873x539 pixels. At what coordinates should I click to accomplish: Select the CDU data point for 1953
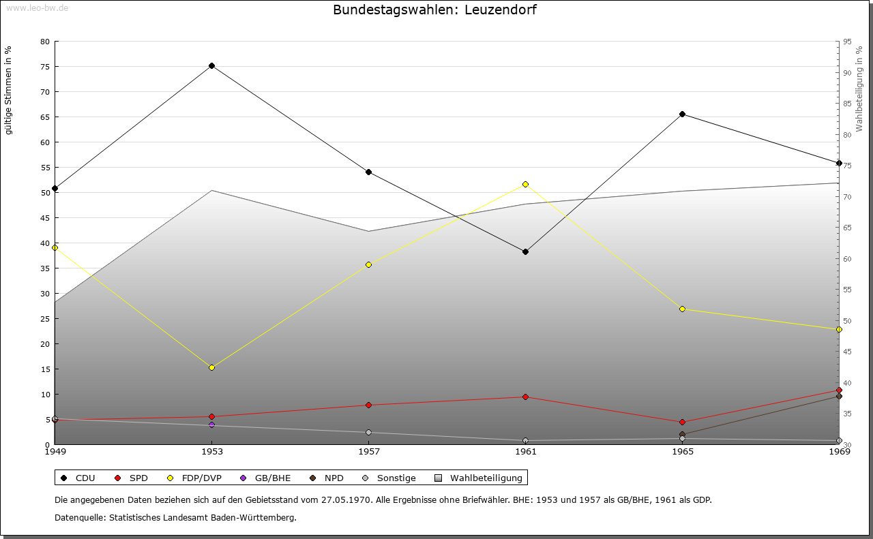coord(212,66)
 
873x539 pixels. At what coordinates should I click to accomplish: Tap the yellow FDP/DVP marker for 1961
coord(525,184)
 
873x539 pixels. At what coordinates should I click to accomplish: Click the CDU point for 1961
coord(525,251)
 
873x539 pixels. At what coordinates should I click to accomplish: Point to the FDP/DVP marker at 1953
coord(212,367)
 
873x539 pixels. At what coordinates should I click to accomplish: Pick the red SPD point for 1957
coord(369,405)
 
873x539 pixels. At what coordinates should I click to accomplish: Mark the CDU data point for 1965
coord(682,114)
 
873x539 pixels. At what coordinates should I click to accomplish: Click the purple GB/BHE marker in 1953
coord(212,425)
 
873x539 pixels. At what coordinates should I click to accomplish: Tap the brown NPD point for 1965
coord(682,434)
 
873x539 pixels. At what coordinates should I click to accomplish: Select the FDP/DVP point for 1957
coord(369,264)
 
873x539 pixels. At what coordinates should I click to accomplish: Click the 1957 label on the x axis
coord(369,451)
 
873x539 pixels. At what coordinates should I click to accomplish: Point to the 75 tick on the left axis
coord(45,66)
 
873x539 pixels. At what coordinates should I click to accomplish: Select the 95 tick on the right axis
coord(847,42)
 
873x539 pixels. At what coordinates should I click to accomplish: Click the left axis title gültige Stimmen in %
coord(9,90)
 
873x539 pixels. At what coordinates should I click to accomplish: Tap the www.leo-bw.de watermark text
coord(36,8)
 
